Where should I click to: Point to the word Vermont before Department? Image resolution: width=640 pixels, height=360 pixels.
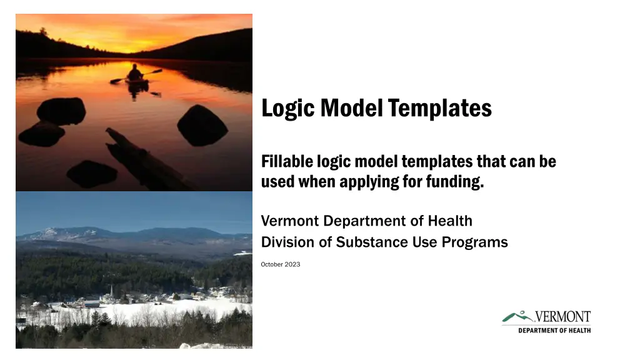(290, 221)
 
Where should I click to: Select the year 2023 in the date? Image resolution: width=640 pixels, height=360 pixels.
(292, 264)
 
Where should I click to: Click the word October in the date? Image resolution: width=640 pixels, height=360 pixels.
(272, 264)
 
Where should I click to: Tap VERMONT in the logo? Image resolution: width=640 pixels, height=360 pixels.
(562, 317)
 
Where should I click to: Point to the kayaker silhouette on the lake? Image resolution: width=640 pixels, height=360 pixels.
(135, 74)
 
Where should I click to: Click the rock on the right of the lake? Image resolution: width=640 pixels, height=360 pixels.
(202, 125)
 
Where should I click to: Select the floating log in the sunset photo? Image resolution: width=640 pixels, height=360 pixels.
(147, 159)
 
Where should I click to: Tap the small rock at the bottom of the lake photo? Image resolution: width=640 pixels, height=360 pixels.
(92, 174)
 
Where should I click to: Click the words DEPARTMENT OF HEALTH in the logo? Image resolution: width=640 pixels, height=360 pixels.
(554, 331)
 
